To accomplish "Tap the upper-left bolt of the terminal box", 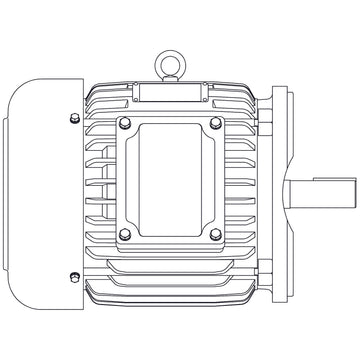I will (123, 124).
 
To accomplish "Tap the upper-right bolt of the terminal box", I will (215, 124).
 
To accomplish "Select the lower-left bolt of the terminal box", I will (123, 235).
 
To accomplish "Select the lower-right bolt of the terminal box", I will (215, 235).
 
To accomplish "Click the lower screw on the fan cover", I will (76, 276).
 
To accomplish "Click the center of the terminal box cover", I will (169, 180).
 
